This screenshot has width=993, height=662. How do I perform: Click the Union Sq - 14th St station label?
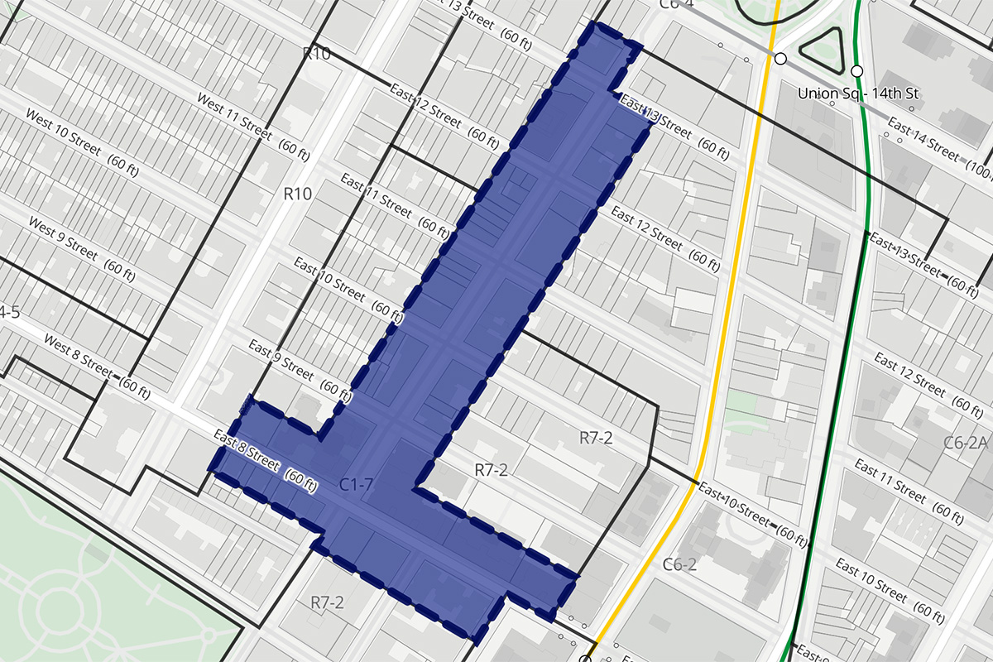[858, 94]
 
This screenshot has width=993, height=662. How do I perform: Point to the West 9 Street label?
[62, 237]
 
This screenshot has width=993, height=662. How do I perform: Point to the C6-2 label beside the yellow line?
[679, 565]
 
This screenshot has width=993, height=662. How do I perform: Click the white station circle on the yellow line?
[780, 58]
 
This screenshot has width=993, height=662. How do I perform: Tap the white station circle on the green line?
[856, 70]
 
